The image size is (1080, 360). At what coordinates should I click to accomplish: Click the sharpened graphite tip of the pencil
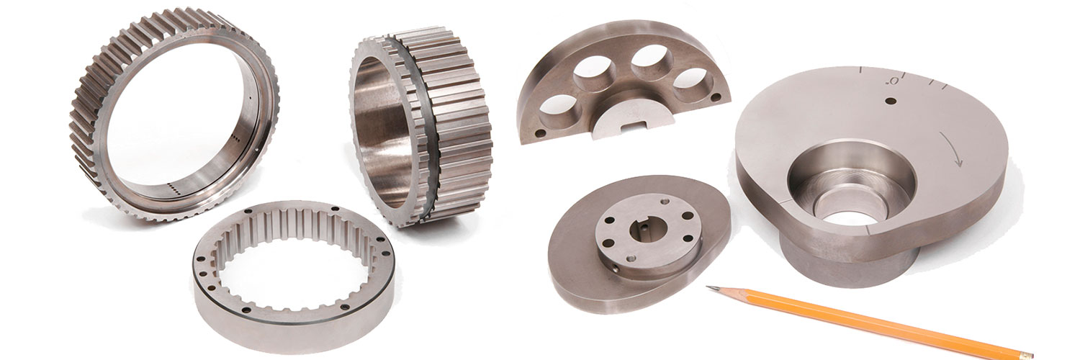point(708,287)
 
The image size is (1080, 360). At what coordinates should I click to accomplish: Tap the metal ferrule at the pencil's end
point(1022,353)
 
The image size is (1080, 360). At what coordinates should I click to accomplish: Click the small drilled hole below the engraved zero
point(891,102)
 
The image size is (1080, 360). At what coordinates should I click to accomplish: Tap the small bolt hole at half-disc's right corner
point(714,96)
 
